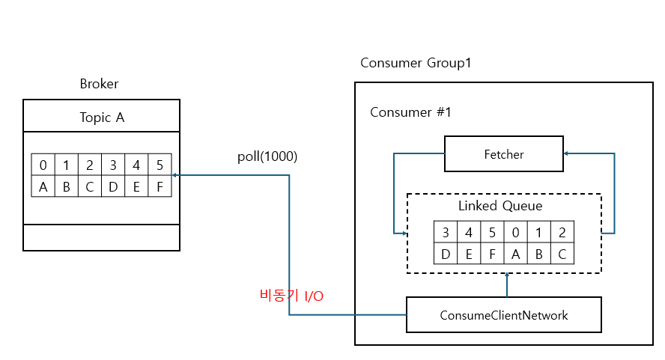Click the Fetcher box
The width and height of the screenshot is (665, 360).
(x=503, y=154)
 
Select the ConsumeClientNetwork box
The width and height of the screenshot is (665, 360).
(x=503, y=315)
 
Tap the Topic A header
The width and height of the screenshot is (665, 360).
(x=101, y=117)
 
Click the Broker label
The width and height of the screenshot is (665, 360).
(x=99, y=84)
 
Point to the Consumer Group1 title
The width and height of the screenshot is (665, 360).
(x=416, y=63)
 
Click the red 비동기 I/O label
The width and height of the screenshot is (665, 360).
(x=291, y=296)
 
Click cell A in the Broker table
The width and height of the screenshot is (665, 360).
(x=43, y=186)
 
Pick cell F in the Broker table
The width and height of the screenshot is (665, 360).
(x=160, y=186)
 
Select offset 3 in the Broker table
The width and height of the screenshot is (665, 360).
(x=113, y=165)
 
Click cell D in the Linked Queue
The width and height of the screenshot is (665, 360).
(x=446, y=254)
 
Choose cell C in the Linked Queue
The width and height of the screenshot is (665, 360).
(x=562, y=254)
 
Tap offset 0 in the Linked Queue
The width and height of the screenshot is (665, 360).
(x=515, y=232)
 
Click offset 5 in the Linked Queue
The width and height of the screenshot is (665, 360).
(x=492, y=232)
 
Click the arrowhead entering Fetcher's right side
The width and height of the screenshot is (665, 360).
(x=567, y=154)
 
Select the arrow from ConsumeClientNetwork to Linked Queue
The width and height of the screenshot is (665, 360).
(x=507, y=284)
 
